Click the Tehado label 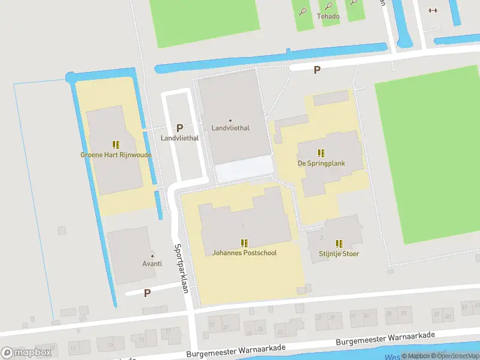[x=328, y=16]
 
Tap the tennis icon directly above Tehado [x=328, y=7]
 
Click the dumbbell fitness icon [x=432, y=10]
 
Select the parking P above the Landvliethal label [x=179, y=128]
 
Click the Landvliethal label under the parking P [x=179, y=138]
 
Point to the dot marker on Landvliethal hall [x=230, y=120]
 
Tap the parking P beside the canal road [x=317, y=70]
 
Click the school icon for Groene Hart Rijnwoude [x=116, y=145]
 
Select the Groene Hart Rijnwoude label [x=116, y=155]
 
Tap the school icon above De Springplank [x=321, y=153]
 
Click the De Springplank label [x=321, y=163]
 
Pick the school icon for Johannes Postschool [x=244, y=243]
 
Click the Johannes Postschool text [x=244, y=253]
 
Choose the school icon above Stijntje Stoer [x=339, y=244]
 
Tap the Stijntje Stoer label [x=339, y=253]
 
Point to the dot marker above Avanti [x=152, y=256]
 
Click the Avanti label [x=152, y=264]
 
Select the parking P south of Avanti [x=147, y=293]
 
